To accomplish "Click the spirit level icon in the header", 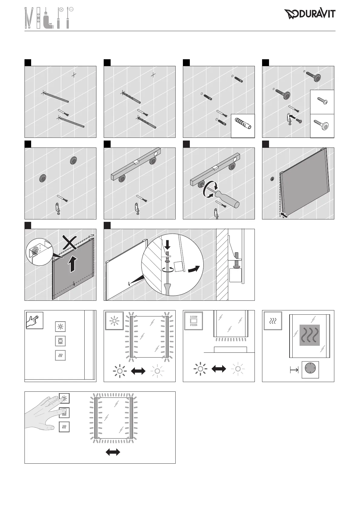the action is pos(38,18).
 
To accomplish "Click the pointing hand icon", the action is pos(34,320).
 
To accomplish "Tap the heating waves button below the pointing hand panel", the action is pos(60,355).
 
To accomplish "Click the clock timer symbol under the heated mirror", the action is pos(311,369).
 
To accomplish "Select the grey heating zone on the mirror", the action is pos(310,335).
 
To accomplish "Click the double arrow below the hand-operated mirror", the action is pos(113,452).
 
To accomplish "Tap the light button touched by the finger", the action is pos(64,398).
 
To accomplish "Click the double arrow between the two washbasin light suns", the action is pos(219,369).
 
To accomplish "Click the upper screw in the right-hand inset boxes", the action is pos(322,101).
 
